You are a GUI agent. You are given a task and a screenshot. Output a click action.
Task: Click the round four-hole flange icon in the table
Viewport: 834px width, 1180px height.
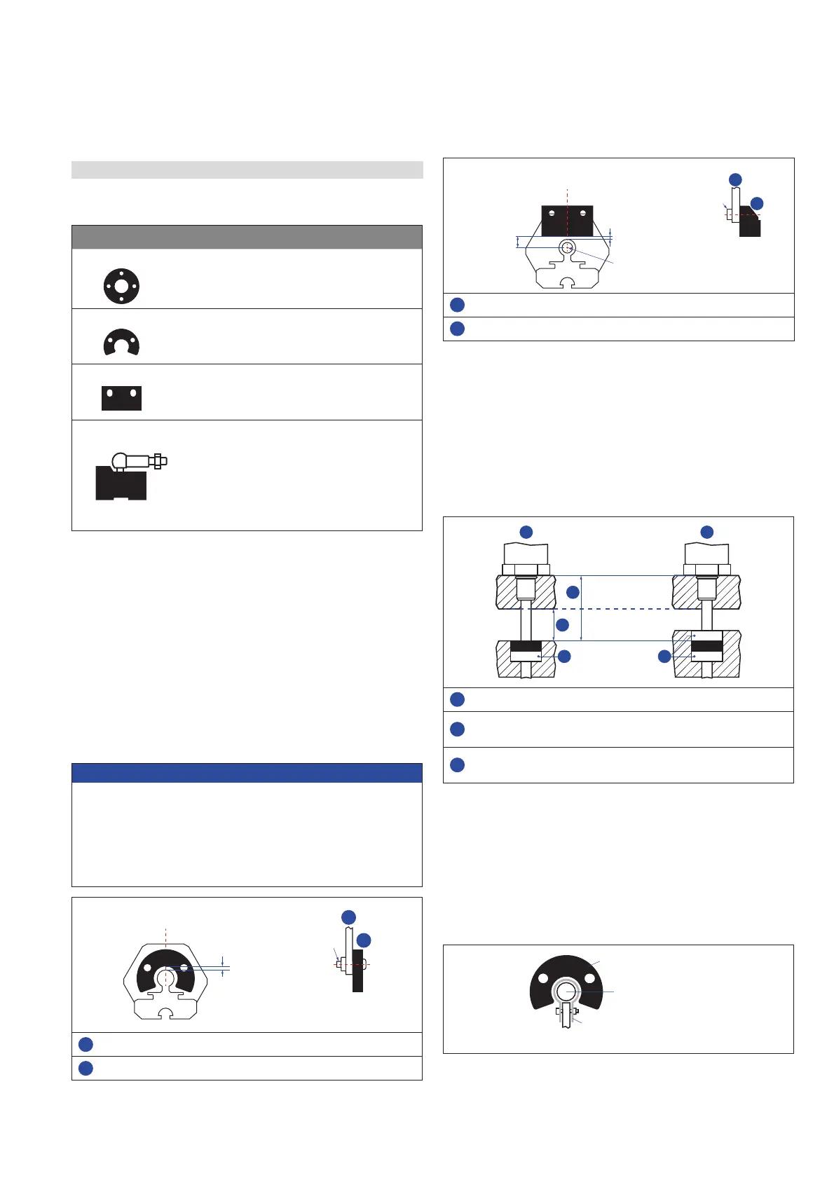(121, 286)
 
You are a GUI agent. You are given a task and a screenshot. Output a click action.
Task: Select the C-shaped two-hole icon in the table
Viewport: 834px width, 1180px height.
(121, 343)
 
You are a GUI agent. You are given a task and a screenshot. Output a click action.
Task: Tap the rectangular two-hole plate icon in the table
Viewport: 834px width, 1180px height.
(121, 398)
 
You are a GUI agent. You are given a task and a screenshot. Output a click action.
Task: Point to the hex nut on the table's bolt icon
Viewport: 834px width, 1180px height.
(158, 461)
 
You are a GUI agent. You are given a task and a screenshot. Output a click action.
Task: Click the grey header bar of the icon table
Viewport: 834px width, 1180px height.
(247, 237)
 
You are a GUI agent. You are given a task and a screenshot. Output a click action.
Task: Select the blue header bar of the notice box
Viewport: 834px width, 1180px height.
(247, 773)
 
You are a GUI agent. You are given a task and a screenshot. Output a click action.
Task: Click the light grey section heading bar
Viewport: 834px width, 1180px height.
(247, 170)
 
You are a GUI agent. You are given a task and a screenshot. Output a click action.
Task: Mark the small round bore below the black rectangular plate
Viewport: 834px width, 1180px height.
(568, 247)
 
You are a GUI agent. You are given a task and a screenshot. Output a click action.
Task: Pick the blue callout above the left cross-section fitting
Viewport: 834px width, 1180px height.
(526, 532)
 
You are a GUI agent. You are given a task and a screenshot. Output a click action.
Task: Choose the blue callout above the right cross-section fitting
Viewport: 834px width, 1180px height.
(706, 532)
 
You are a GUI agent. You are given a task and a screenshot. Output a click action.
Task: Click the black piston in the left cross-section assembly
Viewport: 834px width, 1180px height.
(526, 646)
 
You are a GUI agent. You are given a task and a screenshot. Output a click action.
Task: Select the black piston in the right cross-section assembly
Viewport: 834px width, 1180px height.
(706, 646)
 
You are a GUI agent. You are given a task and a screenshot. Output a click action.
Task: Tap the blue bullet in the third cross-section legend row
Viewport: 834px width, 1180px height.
(457, 764)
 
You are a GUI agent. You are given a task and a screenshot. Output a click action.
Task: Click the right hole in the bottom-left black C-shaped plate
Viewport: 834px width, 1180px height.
(184, 967)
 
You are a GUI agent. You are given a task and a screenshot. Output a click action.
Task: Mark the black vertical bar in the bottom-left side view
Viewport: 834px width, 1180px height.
(357, 970)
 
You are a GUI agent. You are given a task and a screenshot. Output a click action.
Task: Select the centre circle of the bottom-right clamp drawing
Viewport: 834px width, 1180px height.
(566, 992)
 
